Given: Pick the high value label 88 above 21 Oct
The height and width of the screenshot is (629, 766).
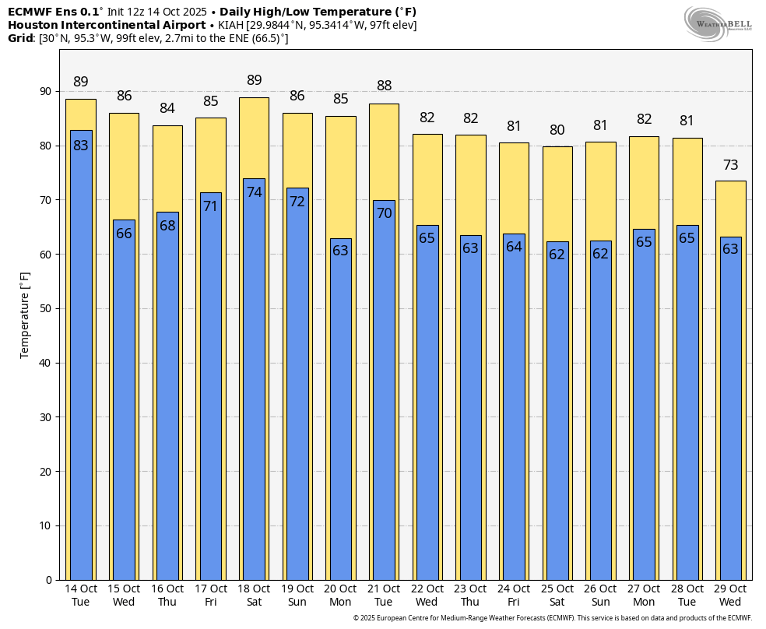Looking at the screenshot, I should (384, 86).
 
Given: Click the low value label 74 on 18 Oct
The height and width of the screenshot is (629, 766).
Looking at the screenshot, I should (255, 192).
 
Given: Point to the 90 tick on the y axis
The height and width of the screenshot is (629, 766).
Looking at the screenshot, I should (45, 92).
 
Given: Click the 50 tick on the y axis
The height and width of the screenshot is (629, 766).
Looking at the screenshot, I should (45, 309).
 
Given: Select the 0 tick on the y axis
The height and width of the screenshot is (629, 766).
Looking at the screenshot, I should (48, 580).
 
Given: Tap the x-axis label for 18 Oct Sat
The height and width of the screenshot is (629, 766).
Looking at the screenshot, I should (255, 596).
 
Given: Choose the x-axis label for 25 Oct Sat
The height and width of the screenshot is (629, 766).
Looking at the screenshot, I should (557, 596).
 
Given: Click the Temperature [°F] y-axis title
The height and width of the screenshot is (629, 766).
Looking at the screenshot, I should (25, 314).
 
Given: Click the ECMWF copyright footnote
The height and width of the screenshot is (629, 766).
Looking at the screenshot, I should (552, 618).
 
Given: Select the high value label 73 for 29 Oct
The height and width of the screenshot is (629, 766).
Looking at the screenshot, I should (731, 165).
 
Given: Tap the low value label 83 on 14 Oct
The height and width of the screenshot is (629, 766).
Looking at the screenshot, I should (81, 146).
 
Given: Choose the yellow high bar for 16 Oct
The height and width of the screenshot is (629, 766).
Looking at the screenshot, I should (168, 167).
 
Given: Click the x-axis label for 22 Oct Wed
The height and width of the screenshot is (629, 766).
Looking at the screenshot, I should (427, 596).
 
